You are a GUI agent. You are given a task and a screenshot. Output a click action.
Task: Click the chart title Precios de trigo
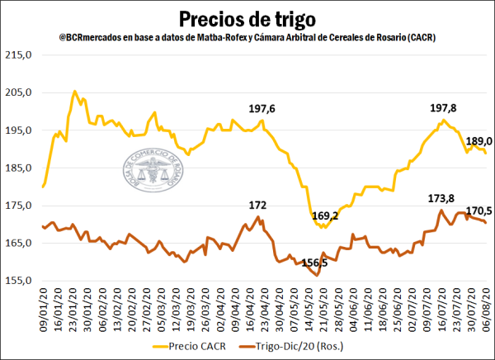point(247,17)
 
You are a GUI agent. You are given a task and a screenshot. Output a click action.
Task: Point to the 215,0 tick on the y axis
point(20,55)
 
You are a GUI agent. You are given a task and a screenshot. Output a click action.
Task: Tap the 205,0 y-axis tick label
point(20,92)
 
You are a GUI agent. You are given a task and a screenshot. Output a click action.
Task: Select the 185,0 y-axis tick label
point(20,168)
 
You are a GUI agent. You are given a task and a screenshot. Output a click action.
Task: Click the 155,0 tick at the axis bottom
point(20,281)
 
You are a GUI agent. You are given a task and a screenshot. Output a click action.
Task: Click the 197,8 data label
point(446,109)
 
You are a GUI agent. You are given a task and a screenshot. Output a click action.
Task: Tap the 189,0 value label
point(479,141)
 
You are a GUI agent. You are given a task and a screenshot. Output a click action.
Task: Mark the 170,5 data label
point(479,211)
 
